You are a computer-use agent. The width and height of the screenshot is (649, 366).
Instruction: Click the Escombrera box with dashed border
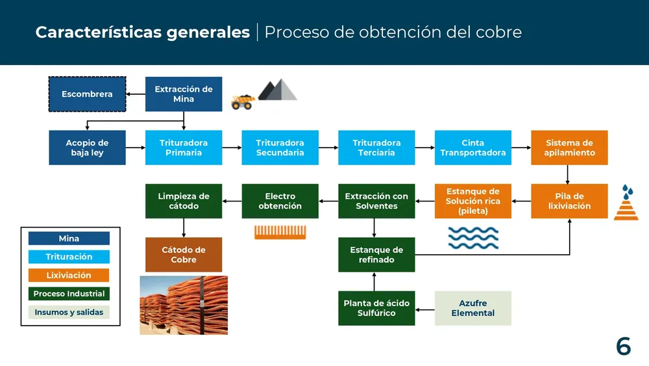pyautogui.click(x=87, y=94)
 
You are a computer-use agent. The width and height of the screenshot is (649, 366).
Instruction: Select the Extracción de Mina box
pyautogui.click(x=184, y=94)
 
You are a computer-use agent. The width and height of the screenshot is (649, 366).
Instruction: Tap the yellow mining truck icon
pyautogui.click(x=242, y=102)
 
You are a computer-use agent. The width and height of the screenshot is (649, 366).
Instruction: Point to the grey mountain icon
pyautogui.click(x=277, y=90)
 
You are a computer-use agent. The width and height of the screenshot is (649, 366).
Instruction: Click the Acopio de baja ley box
pyautogui.click(x=87, y=148)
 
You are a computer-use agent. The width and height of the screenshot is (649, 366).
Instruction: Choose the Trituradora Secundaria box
pyautogui.click(x=280, y=148)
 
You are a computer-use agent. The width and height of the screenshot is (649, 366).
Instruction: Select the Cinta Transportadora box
pyautogui.click(x=472, y=148)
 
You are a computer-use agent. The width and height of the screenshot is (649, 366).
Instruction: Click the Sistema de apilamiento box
pyautogui.click(x=569, y=148)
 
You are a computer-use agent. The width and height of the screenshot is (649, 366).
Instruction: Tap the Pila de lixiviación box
pyautogui.click(x=569, y=201)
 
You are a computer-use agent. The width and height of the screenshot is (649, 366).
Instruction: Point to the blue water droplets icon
pyautogui.click(x=626, y=192)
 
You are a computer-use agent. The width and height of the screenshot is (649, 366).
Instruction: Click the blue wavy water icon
pyautogui.click(x=473, y=238)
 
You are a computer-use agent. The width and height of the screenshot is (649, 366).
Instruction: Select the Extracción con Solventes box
pyautogui.click(x=376, y=201)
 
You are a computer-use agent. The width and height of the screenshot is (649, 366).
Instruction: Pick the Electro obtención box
pyautogui.click(x=280, y=201)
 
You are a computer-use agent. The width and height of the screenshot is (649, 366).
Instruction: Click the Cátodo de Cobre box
pyautogui.click(x=184, y=254)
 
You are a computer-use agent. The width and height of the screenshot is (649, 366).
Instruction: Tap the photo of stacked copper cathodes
pyautogui.click(x=184, y=305)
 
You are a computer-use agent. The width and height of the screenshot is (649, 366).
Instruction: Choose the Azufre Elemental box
pyautogui.click(x=472, y=308)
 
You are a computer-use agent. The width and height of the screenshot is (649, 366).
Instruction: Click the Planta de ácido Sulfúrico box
pyautogui.click(x=376, y=308)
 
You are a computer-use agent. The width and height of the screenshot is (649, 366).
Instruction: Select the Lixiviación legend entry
pyautogui.click(x=69, y=275)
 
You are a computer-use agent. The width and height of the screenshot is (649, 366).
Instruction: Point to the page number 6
pyautogui.click(x=623, y=346)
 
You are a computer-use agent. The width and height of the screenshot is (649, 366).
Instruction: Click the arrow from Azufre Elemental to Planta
pyautogui.click(x=425, y=308)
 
